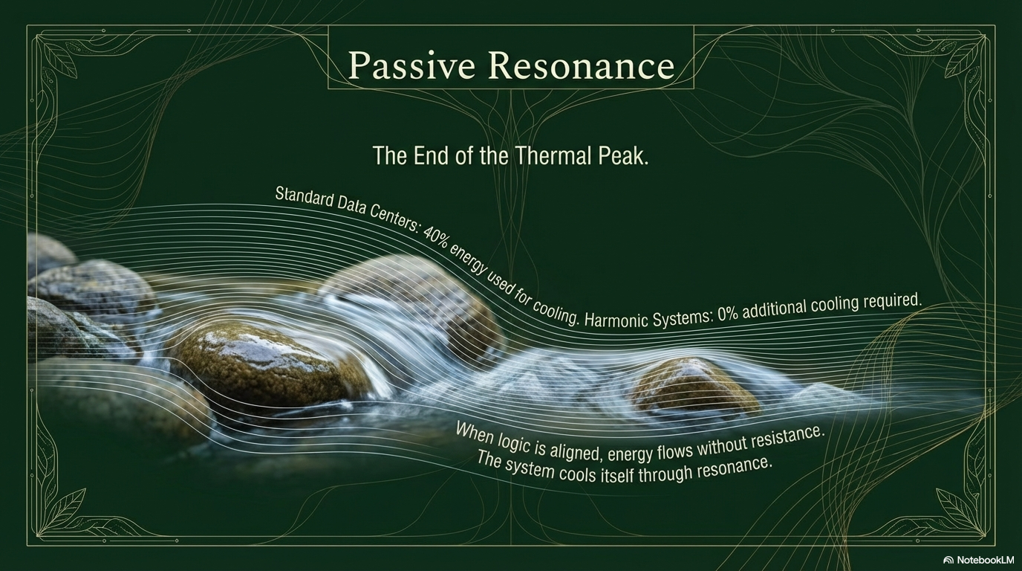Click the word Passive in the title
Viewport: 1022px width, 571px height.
[x=412, y=66]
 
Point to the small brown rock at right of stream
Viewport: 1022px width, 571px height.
[x=694, y=386]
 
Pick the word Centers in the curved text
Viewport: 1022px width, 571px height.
[x=393, y=221]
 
